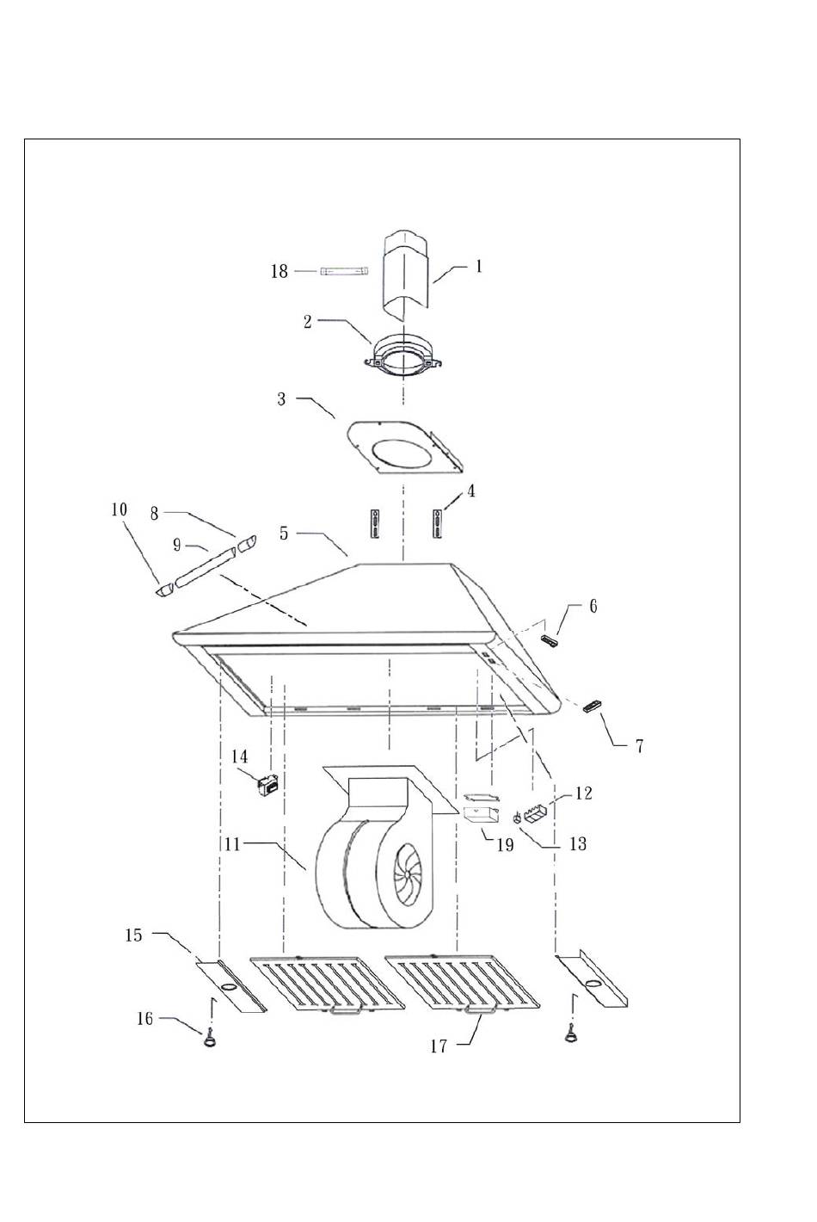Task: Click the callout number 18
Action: (279, 271)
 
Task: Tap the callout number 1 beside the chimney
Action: (478, 267)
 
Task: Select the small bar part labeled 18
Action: (345, 271)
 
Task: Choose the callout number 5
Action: (284, 533)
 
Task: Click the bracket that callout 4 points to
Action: (437, 523)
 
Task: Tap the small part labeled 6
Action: (550, 642)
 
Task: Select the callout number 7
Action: (639, 746)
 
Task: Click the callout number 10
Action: (119, 509)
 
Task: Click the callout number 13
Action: (577, 844)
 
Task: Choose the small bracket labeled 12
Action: (536, 815)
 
